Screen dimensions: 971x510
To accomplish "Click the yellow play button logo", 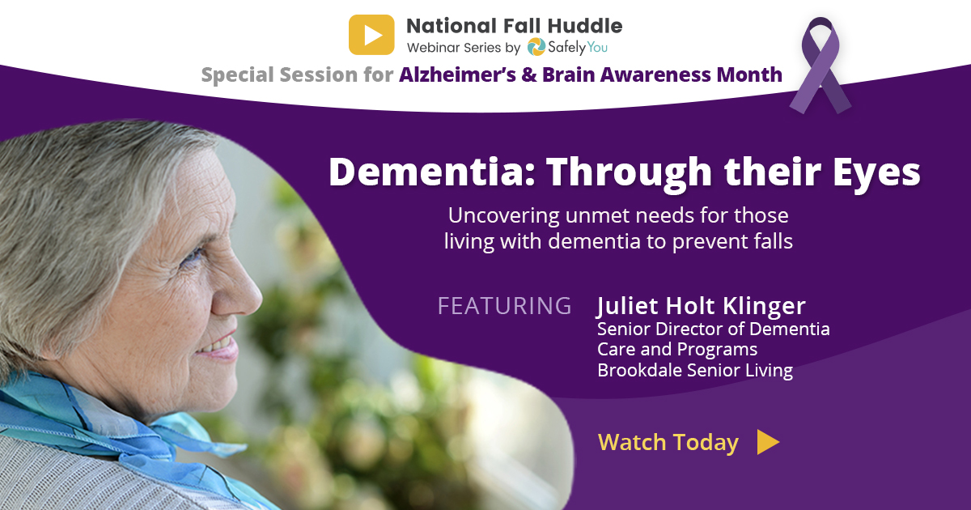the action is pos(371,35).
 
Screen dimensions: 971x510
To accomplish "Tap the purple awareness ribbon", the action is pos(820,65).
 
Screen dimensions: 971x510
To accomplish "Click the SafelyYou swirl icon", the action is pos(536,47).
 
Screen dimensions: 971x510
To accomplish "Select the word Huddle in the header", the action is pos(585,26).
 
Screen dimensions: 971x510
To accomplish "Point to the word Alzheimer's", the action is pos(457,74).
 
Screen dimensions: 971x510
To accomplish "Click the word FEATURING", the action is pos(505,306).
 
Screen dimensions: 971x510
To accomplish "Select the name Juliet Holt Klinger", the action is pos(701,306).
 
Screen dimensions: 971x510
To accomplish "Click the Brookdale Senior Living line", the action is pos(695,371).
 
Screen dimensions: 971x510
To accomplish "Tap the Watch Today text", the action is pos(668,442).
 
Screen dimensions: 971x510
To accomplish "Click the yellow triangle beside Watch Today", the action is pos(768,442).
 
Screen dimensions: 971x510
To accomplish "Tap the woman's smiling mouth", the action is pos(221,347).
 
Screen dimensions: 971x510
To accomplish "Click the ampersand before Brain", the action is pos(529,74).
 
